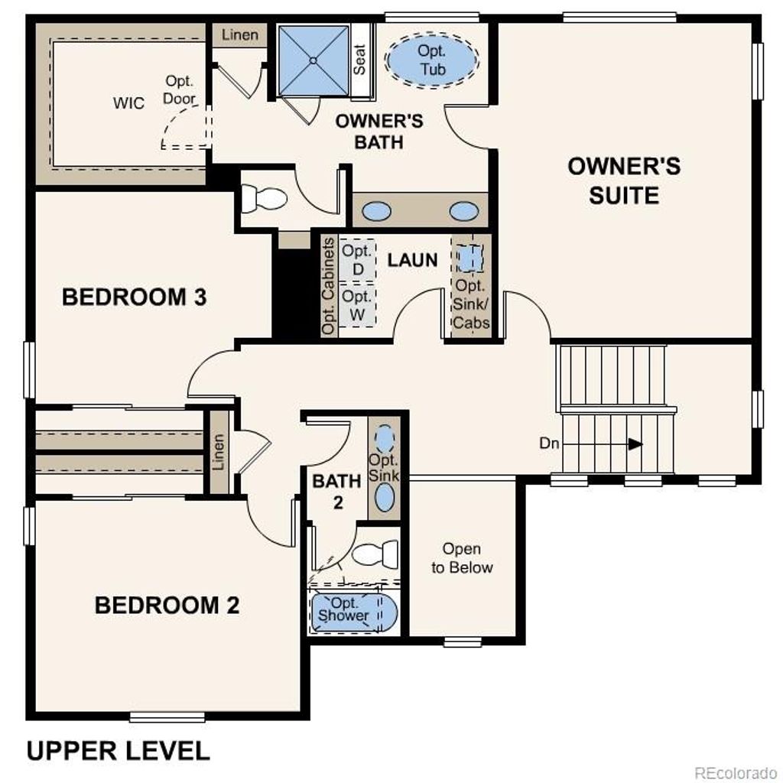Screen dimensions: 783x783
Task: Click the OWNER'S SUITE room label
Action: tap(623, 181)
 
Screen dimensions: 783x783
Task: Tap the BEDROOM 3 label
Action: tap(134, 297)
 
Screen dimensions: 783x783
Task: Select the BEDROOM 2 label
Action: tap(167, 605)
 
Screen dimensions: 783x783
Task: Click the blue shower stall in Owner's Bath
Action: tap(314, 60)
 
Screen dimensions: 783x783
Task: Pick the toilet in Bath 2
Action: tap(376, 554)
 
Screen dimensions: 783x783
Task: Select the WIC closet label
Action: tap(128, 103)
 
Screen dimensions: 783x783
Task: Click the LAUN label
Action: tap(412, 259)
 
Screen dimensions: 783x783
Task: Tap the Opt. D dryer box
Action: tap(356, 260)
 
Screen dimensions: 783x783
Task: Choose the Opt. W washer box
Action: tap(356, 305)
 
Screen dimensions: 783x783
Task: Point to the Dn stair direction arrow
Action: tap(635, 443)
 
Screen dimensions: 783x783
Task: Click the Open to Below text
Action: tap(462, 558)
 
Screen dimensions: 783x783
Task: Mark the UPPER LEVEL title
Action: tap(118, 750)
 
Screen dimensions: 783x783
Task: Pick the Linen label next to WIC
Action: tap(240, 35)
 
